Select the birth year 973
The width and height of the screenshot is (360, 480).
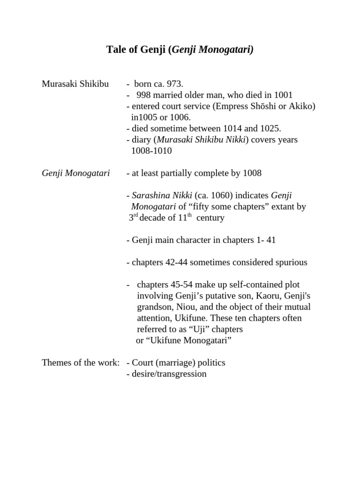174,84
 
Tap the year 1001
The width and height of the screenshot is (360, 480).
283,95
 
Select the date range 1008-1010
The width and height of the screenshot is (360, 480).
151,150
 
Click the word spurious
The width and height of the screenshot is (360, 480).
290,262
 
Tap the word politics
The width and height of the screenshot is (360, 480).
209,363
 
